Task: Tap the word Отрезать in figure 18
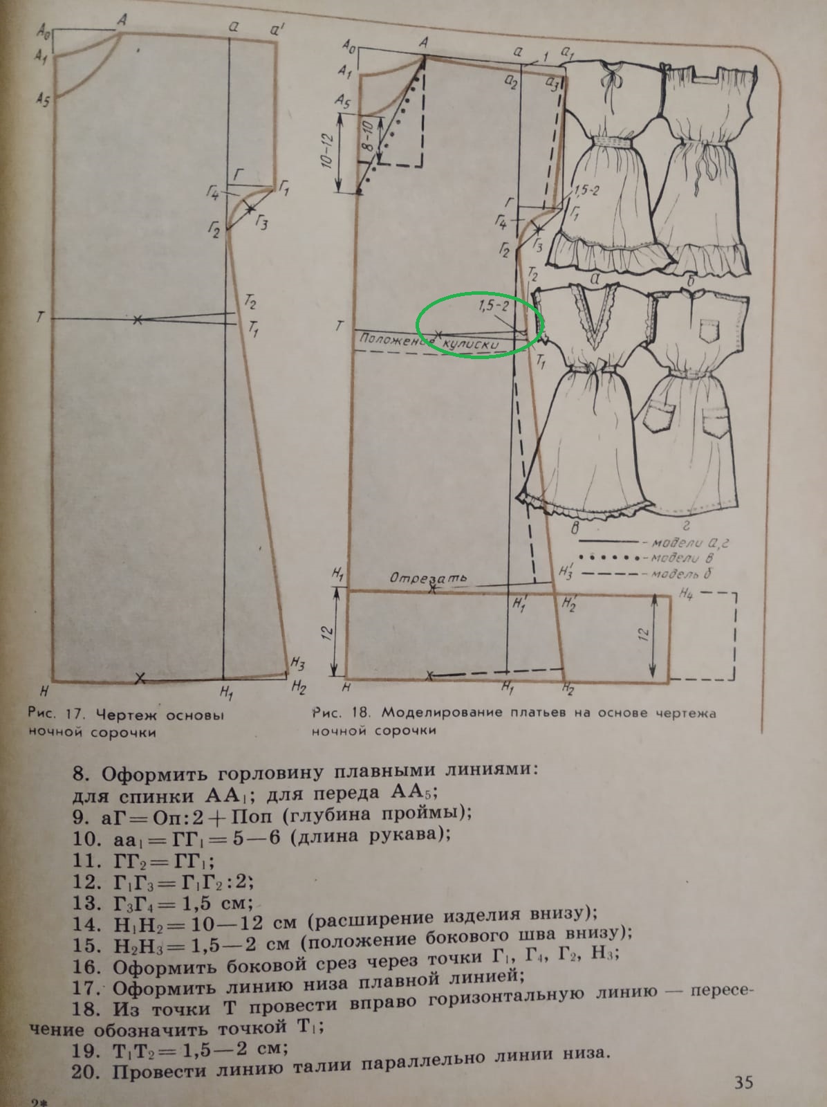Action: coord(429,578)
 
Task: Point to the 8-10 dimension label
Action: coord(367,136)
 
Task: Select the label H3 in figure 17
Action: coord(297,664)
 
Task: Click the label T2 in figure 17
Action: coord(250,302)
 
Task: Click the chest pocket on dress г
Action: coord(709,330)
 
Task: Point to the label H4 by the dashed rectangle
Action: coord(686,594)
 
